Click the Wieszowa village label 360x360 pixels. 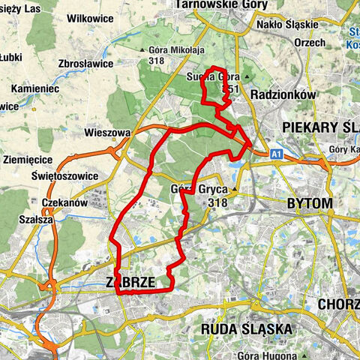[109, 133]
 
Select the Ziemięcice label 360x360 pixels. [26, 160]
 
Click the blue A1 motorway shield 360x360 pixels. [277, 154]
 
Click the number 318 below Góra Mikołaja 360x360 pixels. [156, 62]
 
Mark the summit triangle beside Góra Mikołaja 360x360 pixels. [143, 51]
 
